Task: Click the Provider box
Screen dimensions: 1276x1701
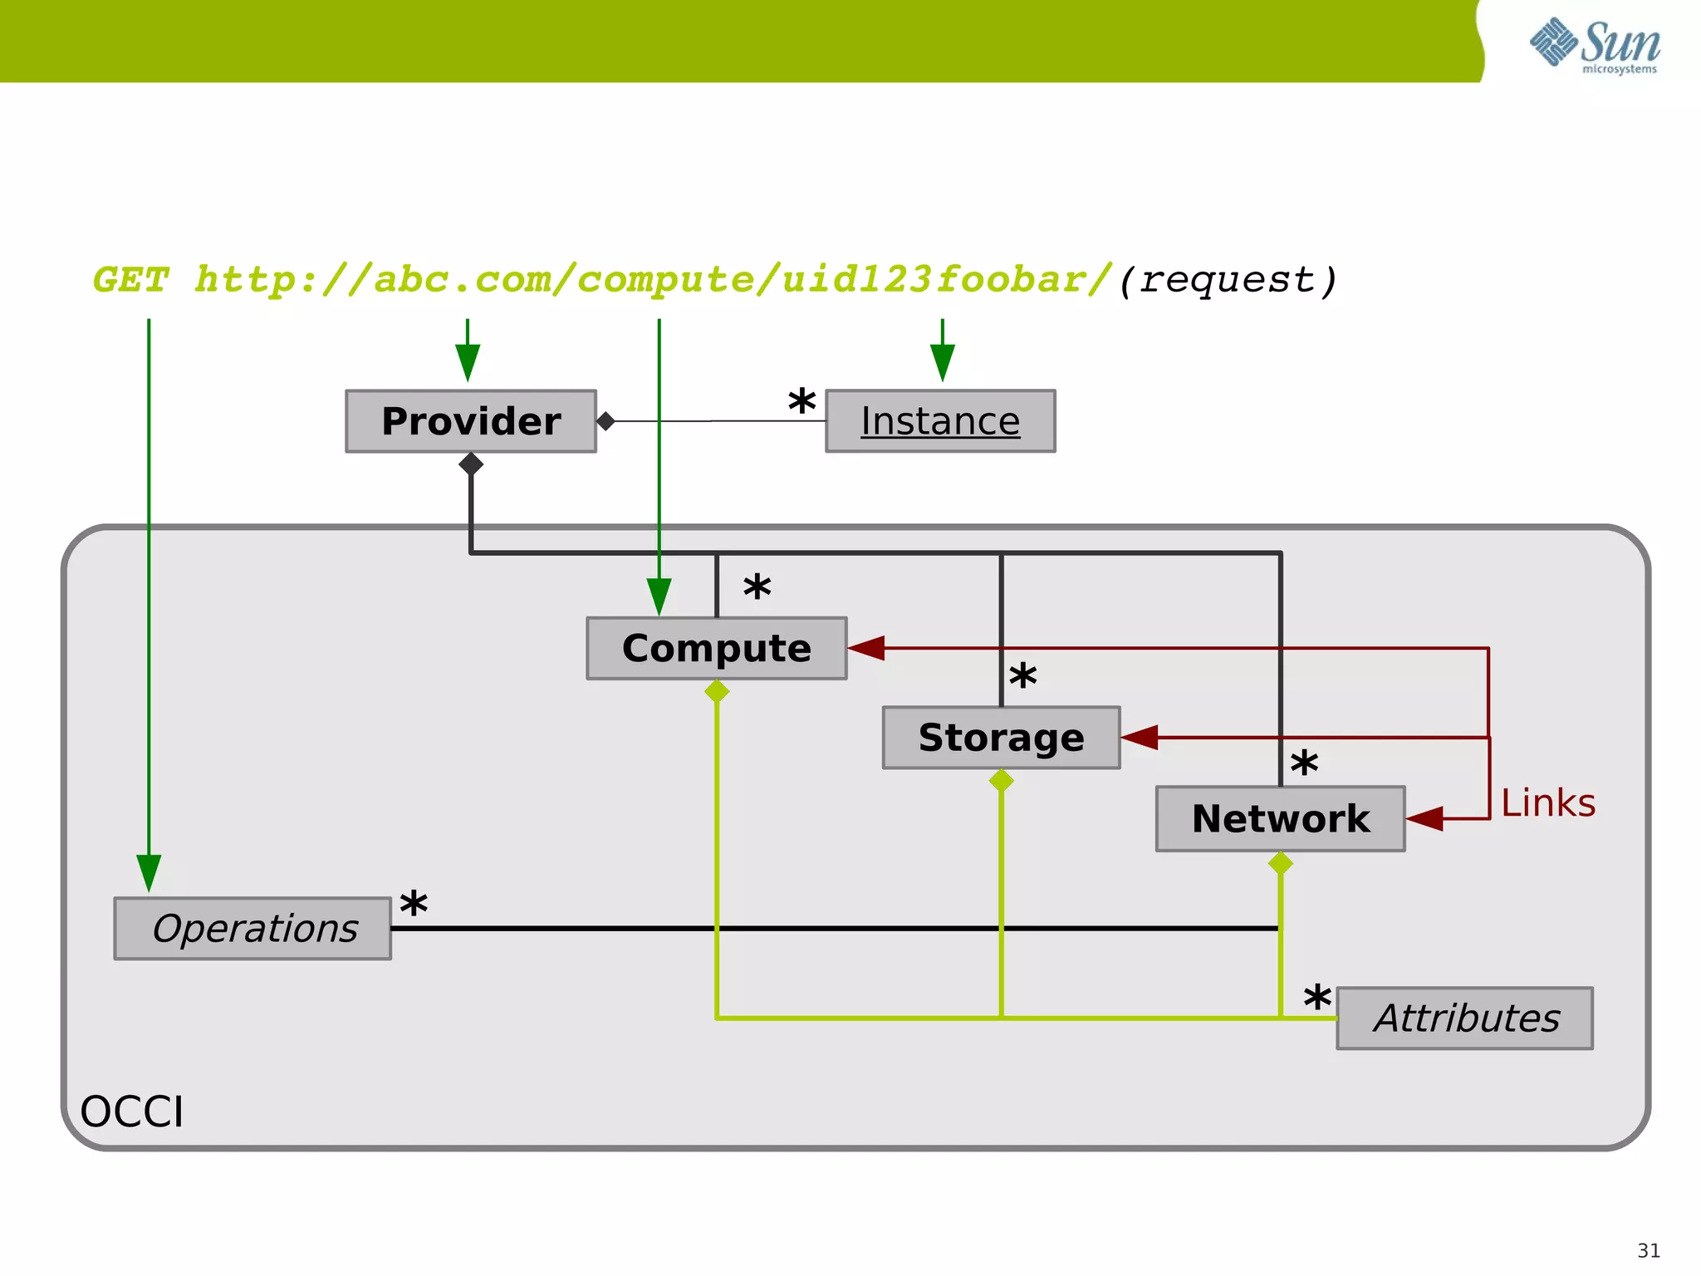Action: [471, 421]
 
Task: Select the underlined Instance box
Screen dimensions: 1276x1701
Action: [940, 421]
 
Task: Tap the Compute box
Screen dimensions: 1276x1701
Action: [716, 648]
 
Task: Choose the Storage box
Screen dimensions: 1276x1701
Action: [1001, 738]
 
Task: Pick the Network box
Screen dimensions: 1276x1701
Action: [1280, 819]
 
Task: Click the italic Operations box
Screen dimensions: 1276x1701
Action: [253, 929]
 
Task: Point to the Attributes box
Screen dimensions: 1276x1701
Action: [1465, 1018]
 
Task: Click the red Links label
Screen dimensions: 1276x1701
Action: [1548, 803]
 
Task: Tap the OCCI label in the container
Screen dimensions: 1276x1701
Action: [131, 1112]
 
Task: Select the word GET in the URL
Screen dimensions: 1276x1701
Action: [131, 280]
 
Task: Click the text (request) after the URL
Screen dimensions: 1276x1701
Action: [1228, 280]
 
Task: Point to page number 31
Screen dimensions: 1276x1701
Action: [1648, 1250]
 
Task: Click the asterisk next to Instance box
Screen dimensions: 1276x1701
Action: [801, 403]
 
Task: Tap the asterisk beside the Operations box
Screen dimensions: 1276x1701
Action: [414, 905]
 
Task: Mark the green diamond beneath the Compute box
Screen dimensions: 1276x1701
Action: [717, 691]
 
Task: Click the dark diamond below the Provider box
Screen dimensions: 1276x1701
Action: [471, 464]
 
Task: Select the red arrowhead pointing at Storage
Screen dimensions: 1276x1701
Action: [1140, 737]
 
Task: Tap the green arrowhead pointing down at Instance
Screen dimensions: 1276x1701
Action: [942, 362]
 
